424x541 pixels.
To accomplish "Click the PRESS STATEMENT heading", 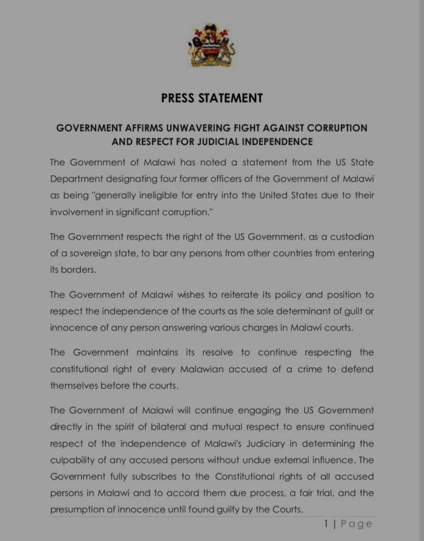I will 212,98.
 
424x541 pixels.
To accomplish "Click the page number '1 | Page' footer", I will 348,524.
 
